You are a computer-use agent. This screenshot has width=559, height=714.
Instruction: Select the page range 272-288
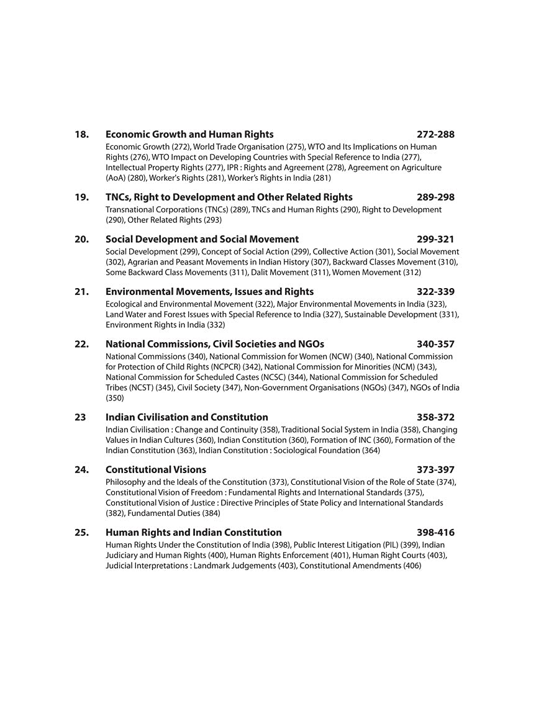(435, 135)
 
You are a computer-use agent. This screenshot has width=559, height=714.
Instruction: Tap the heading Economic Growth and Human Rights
(189, 135)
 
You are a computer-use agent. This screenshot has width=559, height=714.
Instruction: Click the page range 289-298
(435, 197)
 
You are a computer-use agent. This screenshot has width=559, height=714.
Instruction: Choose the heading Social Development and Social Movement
(202, 240)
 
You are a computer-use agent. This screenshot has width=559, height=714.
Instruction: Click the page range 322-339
(435, 292)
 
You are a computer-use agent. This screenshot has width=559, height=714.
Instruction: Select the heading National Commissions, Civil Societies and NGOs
(215, 344)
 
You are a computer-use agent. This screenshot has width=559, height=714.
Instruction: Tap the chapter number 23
(80, 417)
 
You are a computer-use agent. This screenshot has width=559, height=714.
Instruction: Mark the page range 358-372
(435, 417)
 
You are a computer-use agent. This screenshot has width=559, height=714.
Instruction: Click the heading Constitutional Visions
(156, 470)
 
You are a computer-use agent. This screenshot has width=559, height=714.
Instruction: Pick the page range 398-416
(435, 533)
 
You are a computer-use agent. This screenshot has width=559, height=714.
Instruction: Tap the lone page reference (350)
(115, 398)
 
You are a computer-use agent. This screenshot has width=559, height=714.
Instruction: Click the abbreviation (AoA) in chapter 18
(116, 178)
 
